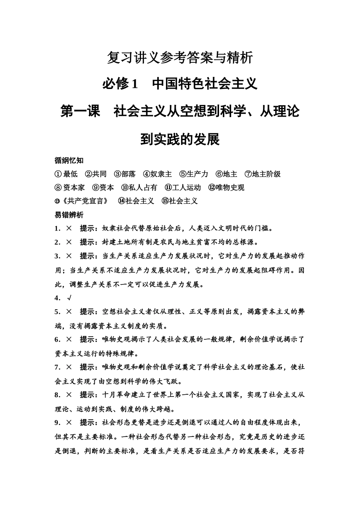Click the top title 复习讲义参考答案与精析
180,58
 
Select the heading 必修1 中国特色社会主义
180,84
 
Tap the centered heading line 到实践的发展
180,139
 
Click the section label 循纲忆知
69,160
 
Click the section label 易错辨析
69,215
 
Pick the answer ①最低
66,174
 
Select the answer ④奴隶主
157,174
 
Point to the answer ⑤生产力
194,174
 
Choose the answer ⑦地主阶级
263,174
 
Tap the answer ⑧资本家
70,187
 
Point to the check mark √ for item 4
69,298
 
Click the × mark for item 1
69,228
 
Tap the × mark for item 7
69,367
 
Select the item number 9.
57,422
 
